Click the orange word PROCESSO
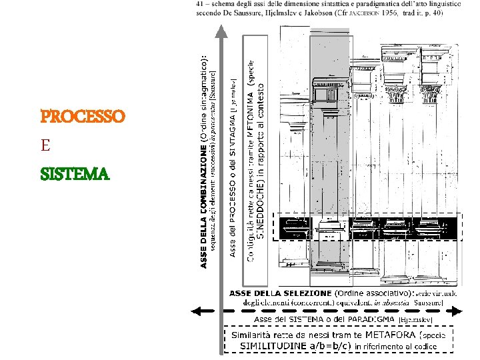click(83, 117)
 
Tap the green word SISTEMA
click(75, 175)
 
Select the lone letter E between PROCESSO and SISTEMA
click(45, 145)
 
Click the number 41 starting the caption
click(201, 4)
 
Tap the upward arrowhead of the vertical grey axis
click(220, 31)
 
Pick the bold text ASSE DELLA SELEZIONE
click(280, 293)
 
